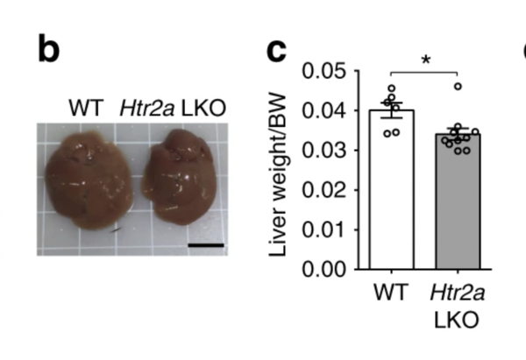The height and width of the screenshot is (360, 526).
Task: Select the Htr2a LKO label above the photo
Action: [x=173, y=109]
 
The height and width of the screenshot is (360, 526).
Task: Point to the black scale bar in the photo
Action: [x=206, y=245]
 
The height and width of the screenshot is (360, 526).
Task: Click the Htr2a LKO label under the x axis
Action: [x=457, y=307]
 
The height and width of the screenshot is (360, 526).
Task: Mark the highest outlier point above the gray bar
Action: [x=458, y=86]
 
